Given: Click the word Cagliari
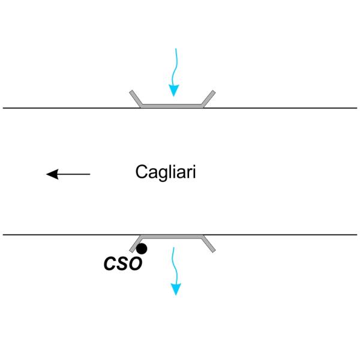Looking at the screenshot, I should click(x=166, y=173).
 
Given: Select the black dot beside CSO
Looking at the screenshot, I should click(x=142, y=248).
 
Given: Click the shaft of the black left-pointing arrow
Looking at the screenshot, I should click(x=75, y=174).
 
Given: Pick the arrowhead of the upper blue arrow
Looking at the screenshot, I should click(x=173, y=91).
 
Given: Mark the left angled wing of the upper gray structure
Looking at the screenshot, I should click(x=137, y=99).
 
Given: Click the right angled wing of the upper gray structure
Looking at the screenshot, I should click(x=209, y=99).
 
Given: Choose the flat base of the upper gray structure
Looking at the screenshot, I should click(x=173, y=106).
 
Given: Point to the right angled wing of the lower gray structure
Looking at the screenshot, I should click(x=209, y=242).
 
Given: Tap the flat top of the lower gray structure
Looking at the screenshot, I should click(x=173, y=236).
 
